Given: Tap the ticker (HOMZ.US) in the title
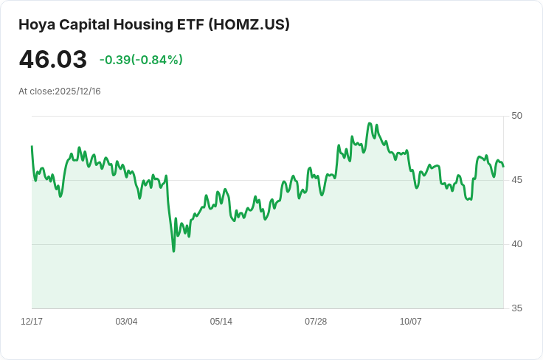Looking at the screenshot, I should tap(249, 24).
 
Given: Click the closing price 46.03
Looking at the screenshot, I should tap(52, 60).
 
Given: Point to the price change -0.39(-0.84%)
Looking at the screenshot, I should tap(141, 60).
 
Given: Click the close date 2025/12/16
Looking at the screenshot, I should tap(77, 91).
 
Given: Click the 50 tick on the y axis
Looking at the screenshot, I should tap(516, 116).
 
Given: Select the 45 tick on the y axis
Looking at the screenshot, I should tap(516, 180).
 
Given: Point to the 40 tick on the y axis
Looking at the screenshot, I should tap(516, 244).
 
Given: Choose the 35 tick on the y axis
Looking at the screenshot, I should tap(516, 308).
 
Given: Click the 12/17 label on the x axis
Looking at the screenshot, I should tap(32, 322).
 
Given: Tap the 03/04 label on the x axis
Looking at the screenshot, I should tap(126, 322).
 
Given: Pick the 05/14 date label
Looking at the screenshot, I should tap(221, 322).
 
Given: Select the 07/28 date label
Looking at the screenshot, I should tap(316, 322).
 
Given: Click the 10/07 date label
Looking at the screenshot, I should tap(410, 322).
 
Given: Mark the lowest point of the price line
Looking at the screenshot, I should tap(173, 252).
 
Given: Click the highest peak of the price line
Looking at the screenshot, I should tap(370, 123).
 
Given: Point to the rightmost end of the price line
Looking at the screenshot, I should tap(503, 166).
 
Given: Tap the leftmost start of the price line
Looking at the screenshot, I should tap(32, 146).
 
